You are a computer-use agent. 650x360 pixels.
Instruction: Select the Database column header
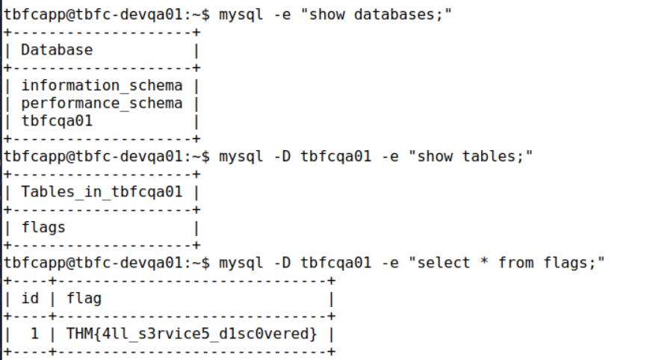click(x=57, y=50)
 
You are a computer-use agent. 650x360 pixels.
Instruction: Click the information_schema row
click(x=102, y=85)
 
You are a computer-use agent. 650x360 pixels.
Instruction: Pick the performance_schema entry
click(x=102, y=103)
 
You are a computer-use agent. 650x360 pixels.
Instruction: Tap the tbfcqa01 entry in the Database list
click(x=57, y=121)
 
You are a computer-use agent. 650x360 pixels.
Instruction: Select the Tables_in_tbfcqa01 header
click(x=102, y=192)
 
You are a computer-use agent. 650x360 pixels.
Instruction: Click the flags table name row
click(x=43, y=227)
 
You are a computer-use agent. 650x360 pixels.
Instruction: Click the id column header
click(x=30, y=299)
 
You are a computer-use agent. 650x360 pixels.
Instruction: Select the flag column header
click(x=84, y=299)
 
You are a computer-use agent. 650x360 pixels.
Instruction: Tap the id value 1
click(x=34, y=334)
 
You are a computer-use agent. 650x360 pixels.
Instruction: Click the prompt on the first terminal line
click(x=107, y=14)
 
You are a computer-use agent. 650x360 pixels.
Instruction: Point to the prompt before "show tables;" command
click(x=107, y=156)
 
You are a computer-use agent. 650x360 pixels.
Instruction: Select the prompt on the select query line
click(x=107, y=263)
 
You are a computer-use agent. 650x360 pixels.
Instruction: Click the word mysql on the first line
click(x=241, y=14)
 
